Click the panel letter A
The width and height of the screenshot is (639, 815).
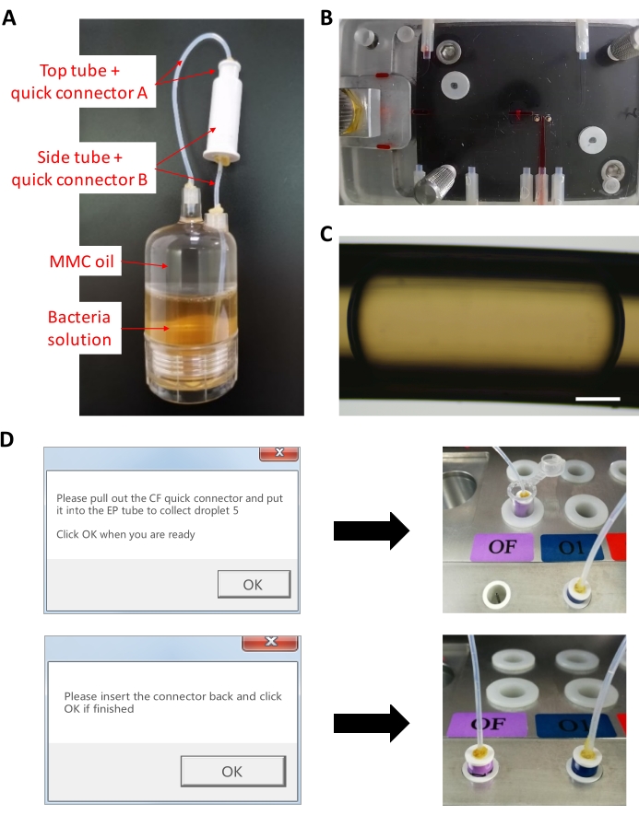point(9,17)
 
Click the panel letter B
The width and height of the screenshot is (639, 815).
point(326,17)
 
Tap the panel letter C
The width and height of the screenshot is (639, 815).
point(326,234)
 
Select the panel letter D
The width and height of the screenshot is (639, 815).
point(6,439)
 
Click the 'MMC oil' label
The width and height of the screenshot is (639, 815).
point(82,261)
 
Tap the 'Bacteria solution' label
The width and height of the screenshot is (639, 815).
point(79,328)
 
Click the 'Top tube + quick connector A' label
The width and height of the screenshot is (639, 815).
point(79,82)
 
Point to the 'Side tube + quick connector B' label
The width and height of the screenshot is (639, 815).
point(79,169)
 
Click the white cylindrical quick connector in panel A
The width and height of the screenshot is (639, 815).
point(224,111)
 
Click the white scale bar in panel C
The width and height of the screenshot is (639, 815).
point(598,399)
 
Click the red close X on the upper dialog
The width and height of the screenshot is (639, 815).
point(278,453)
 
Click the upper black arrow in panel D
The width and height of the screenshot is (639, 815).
point(372,530)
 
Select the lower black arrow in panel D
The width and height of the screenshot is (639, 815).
point(372,723)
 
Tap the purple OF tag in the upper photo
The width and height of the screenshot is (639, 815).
point(503,547)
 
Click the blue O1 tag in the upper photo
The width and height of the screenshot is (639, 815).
point(572,547)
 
